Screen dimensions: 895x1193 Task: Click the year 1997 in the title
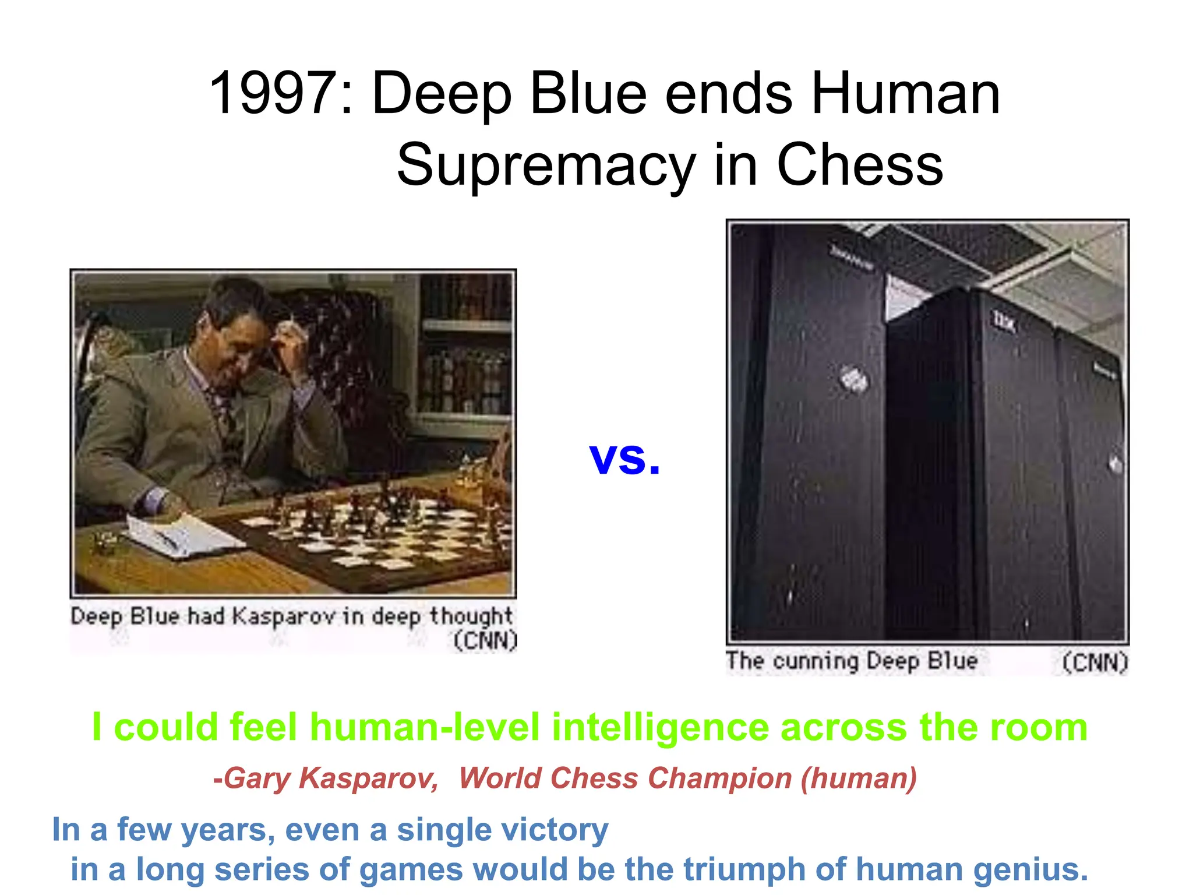tap(273, 93)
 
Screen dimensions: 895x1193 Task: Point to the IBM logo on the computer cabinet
tap(1003, 320)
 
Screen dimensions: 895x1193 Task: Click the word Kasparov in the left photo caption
tap(284, 616)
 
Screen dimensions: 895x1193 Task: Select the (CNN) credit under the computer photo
tap(1095, 663)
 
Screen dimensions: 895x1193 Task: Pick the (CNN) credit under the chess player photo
tap(485, 640)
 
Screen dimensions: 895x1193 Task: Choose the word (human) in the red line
tap(859, 778)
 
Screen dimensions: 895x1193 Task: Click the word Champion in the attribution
tap(719, 778)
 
